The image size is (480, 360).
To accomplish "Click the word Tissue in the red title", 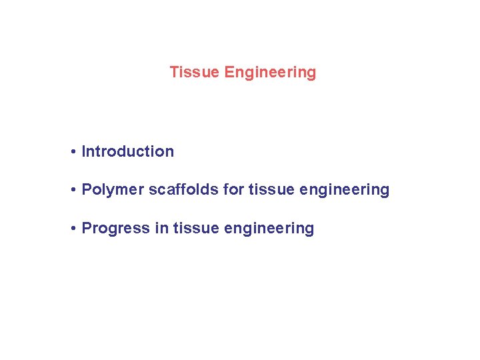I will coord(194,72).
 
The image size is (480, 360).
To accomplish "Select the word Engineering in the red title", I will coord(270,72).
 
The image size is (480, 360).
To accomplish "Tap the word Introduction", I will coord(127,151).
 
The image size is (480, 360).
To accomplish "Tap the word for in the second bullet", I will coord(234,190).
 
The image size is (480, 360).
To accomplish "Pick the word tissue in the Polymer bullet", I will coord(271,190).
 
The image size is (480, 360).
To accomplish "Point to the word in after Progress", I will coord(161,228).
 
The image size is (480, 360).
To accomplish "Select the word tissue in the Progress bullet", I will coord(196,228).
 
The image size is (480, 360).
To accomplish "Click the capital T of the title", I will coord(173,72).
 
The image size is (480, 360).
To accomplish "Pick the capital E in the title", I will coord(229,72).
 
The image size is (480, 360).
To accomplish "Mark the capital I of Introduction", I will coord(83,151).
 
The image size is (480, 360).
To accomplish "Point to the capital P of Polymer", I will coord(86,190).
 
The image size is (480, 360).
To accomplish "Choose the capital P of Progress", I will coord(86,228).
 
